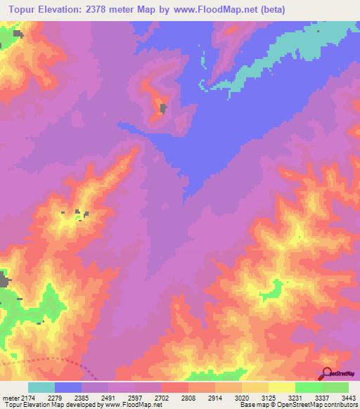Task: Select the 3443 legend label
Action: tap(349, 398)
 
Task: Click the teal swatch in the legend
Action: tap(41, 387)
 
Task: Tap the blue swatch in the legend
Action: tap(68, 387)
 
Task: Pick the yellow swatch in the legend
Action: tap(281, 387)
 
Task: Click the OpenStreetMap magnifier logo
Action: tap(328, 373)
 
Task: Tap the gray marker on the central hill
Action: tap(163, 108)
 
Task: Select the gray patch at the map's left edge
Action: tap(4, 281)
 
